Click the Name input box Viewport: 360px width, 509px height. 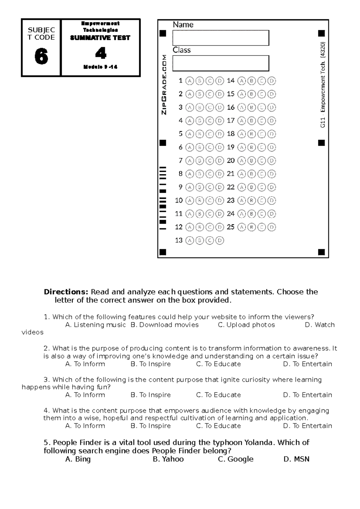(221, 38)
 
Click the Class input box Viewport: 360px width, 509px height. (221, 63)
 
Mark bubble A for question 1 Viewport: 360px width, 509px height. (189, 81)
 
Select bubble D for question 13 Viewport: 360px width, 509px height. (220, 240)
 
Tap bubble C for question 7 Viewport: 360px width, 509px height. (210, 161)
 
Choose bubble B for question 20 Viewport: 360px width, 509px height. (251, 161)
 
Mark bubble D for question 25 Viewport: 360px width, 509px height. (271, 227)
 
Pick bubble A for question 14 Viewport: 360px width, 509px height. (241, 81)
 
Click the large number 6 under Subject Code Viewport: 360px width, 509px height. (41, 56)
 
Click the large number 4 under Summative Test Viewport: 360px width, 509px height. (101, 53)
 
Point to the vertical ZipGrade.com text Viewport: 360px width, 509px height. (164, 85)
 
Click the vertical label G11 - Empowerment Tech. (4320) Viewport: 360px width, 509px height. (322, 85)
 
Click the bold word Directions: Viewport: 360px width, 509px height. (66, 292)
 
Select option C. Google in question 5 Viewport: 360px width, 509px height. (235, 459)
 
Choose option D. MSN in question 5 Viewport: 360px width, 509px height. (296, 459)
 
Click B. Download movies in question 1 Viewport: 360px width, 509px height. (164, 325)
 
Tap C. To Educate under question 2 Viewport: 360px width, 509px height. (218, 364)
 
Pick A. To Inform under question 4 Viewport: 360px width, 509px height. (85, 426)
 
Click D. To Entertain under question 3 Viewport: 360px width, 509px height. (307, 395)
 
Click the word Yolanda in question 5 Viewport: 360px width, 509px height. (259, 442)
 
